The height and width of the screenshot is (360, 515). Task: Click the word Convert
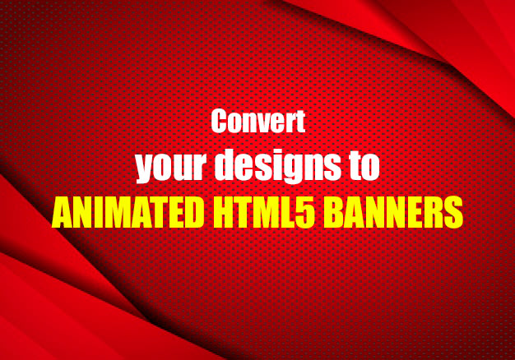(x=257, y=122)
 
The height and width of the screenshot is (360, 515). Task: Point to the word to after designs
(x=364, y=166)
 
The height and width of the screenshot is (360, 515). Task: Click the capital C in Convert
(x=219, y=122)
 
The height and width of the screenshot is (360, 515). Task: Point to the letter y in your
(x=144, y=169)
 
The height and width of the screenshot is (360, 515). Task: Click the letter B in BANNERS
(x=335, y=212)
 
